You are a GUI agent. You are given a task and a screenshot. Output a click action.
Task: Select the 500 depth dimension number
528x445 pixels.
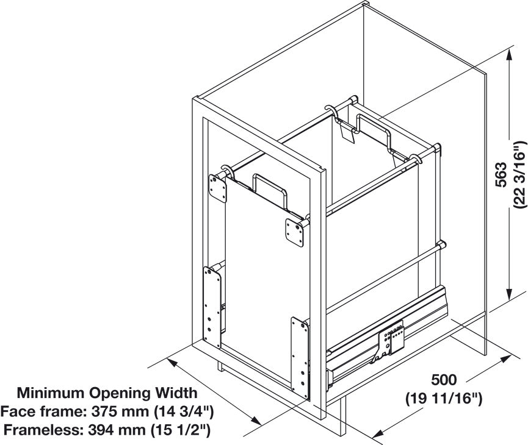444,380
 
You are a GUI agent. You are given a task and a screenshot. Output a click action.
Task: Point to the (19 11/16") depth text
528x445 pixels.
444,399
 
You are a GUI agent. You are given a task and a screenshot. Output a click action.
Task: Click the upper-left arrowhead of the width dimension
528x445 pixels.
172,363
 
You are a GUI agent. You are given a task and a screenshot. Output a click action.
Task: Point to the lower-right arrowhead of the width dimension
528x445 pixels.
256,421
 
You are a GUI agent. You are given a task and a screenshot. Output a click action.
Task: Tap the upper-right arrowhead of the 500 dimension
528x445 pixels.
504,359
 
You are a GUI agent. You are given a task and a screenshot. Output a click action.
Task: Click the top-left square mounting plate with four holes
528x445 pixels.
217,189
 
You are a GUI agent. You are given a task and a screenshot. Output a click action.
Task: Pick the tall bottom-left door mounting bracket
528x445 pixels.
212,308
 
